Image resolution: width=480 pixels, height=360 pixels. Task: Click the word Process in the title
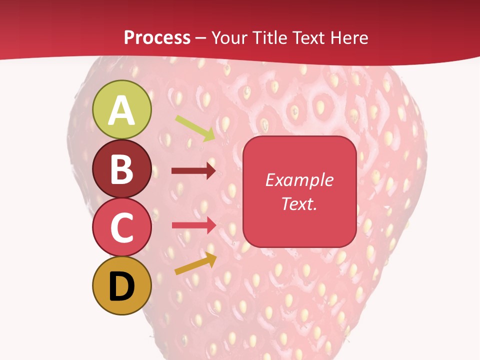coord(157,37)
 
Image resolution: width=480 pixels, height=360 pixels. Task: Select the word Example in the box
coord(299,180)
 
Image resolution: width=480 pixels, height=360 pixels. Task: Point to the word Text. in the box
coord(299,203)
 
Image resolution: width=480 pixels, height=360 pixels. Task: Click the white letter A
coord(121,110)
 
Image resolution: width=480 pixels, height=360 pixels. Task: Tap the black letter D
coord(121,286)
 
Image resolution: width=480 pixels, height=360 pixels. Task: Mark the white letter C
coord(121,227)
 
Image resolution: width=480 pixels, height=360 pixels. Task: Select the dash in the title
coord(200,38)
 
